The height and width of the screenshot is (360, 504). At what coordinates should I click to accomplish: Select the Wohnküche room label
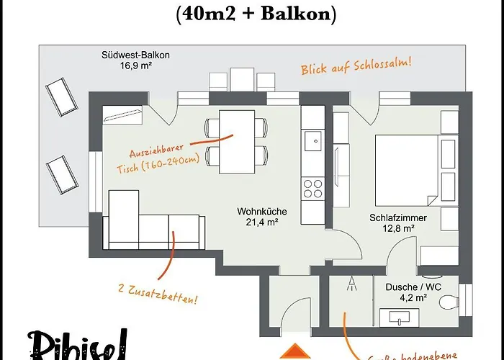click(x=262, y=212)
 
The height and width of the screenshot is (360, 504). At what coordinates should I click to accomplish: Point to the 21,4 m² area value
click(x=262, y=222)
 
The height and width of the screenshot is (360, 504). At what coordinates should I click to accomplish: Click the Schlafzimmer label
click(x=398, y=217)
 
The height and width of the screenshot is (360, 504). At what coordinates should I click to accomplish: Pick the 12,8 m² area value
click(x=398, y=228)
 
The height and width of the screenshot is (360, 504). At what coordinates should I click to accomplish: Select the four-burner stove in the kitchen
click(x=312, y=188)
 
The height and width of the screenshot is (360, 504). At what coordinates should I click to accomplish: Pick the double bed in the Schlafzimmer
click(x=405, y=166)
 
